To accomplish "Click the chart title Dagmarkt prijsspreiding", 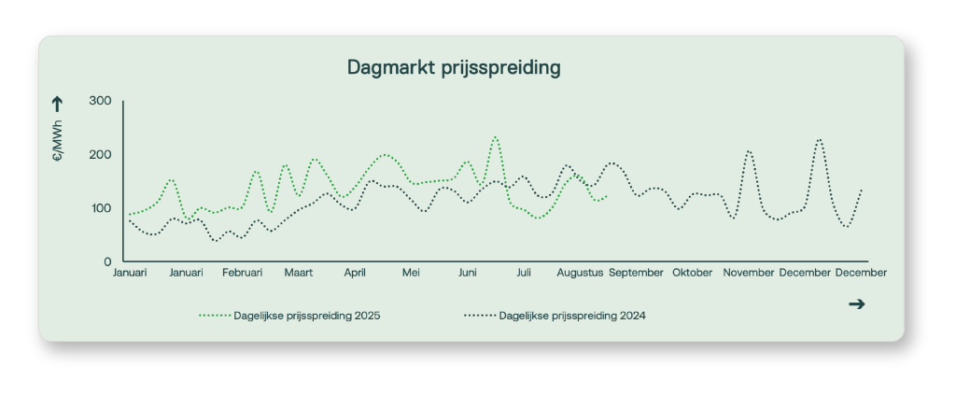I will [454, 67].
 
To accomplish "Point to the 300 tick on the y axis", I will [101, 101].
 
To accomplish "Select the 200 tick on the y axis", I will [101, 154].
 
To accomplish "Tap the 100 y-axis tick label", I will [101, 207].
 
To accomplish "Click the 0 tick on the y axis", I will [107, 261].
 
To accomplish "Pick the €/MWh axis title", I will [58, 143].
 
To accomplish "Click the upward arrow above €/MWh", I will [58, 104].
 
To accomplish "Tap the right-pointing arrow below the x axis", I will [856, 303].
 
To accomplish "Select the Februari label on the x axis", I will [243, 273].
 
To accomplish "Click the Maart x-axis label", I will [299, 273].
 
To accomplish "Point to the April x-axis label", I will [355, 273].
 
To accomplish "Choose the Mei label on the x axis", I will [411, 273].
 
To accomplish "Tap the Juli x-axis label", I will [523, 273].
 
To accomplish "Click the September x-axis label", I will [636, 273].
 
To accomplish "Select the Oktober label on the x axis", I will [693, 273].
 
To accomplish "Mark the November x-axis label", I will [749, 273].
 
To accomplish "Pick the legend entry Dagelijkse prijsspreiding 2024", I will [572, 316].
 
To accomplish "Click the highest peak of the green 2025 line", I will [495, 136].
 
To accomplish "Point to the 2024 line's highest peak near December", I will [819, 139].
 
